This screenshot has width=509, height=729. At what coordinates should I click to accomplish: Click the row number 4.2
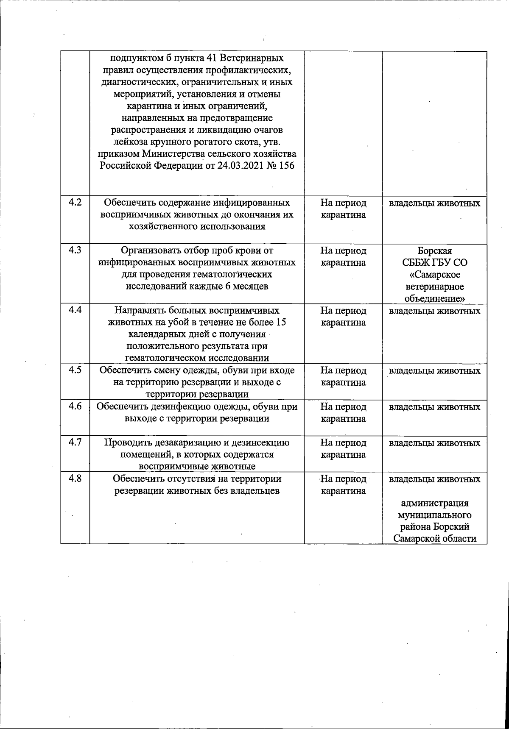pyautogui.click(x=75, y=202)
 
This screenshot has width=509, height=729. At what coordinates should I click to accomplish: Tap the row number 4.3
pyautogui.click(x=75, y=250)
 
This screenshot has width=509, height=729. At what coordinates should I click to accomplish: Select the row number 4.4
pyautogui.click(x=75, y=310)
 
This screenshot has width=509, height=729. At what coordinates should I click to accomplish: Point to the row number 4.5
pyautogui.click(x=75, y=370)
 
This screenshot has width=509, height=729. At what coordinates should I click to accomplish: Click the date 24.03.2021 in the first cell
pyautogui.click(x=241, y=166)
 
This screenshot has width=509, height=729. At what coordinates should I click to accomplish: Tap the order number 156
pyautogui.click(x=287, y=166)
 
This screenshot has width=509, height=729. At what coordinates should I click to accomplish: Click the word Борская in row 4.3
pyautogui.click(x=434, y=251)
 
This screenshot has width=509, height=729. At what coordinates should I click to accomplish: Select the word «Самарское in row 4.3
pyautogui.click(x=434, y=275)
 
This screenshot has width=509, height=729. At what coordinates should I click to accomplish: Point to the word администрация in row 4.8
pyautogui.click(x=434, y=503)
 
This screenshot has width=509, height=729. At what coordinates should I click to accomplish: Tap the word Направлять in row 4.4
pyautogui.click(x=140, y=310)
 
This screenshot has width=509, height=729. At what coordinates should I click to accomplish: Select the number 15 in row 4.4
pyautogui.click(x=281, y=323)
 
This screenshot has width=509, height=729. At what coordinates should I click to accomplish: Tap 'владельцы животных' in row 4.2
pyautogui.click(x=434, y=203)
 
